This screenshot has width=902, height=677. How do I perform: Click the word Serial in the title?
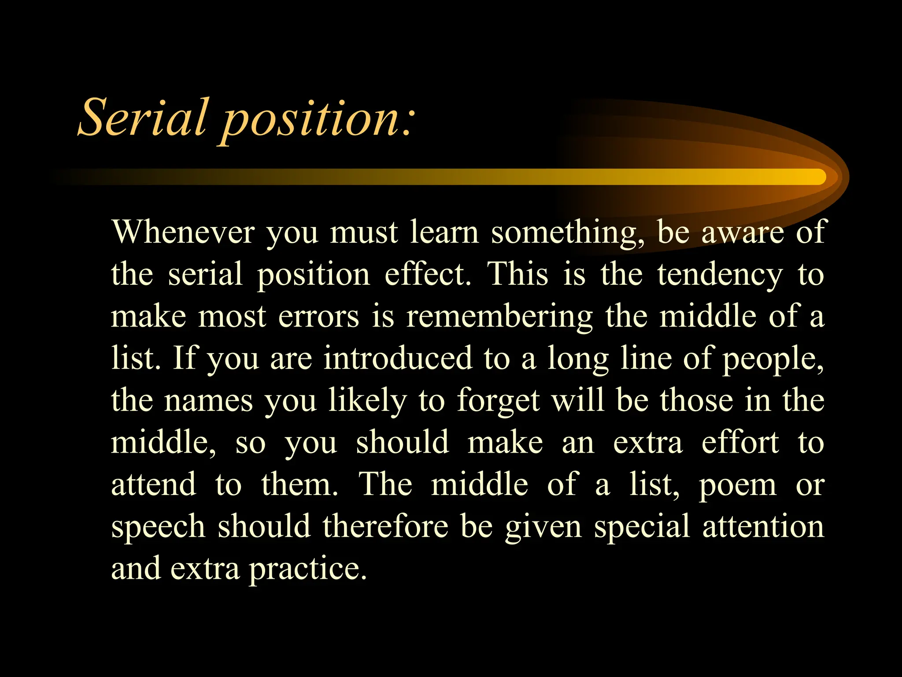coord(142,117)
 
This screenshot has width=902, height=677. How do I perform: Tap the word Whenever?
coord(183,232)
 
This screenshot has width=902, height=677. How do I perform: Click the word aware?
coord(743,232)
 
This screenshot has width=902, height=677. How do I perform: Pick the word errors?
coord(318,316)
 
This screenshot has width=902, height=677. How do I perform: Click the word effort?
coord(740,442)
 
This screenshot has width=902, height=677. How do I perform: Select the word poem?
coord(738,485)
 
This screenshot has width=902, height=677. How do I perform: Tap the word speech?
coord(158,527)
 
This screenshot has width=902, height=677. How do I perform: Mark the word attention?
coord(763,526)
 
